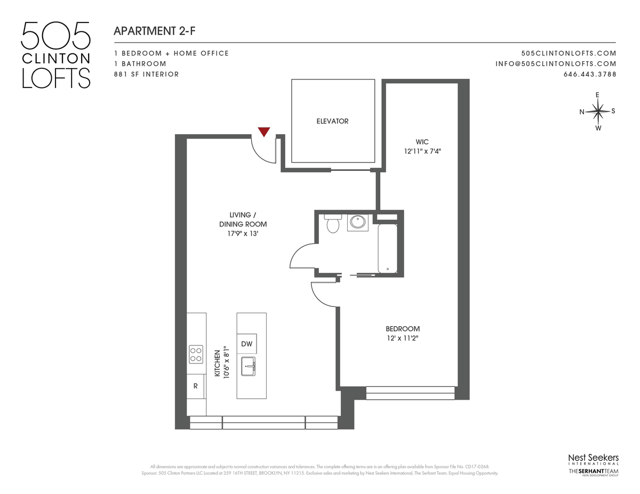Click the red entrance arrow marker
263,132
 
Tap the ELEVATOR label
332,121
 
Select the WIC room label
422,142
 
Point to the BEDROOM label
403,329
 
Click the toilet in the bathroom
333,224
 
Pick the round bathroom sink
357,222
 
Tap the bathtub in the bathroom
388,249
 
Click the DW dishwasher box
247,344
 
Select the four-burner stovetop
196,354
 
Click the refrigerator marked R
196,386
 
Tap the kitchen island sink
249,366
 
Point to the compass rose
597,111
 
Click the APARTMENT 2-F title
155,31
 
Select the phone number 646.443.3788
590,75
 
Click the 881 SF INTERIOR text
146,75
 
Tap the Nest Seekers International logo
593,459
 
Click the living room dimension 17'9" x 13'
243,233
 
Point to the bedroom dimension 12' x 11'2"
403,338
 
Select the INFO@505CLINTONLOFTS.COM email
556,64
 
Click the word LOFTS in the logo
56,78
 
